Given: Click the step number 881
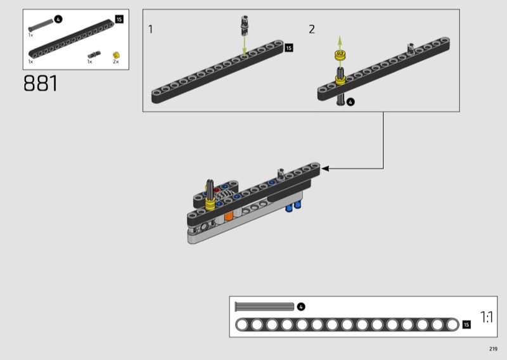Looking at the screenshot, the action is pyautogui.click(x=41, y=84).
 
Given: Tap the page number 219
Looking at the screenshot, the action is pyautogui.click(x=493, y=349).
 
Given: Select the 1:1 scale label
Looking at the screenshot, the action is pyautogui.click(x=486, y=317).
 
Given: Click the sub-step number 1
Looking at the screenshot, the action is pyautogui.click(x=150, y=29).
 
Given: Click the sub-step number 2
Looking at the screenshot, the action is pyautogui.click(x=312, y=29).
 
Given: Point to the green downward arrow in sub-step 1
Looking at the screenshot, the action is pyautogui.click(x=245, y=46).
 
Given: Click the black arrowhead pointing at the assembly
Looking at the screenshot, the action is pyautogui.click(x=325, y=169).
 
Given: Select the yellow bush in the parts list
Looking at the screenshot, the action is pyautogui.click(x=116, y=55).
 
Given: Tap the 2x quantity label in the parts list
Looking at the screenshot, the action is pyautogui.click(x=116, y=61).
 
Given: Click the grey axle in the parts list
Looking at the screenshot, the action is pyautogui.click(x=41, y=25).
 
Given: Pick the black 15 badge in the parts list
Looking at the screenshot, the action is pyautogui.click(x=119, y=20).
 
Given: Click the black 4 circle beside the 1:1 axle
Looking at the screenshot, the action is pyautogui.click(x=300, y=307).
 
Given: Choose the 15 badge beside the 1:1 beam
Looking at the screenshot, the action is pyautogui.click(x=466, y=325).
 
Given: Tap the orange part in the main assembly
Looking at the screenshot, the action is pyautogui.click(x=229, y=215).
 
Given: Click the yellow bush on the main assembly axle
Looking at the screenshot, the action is pyautogui.click(x=210, y=204).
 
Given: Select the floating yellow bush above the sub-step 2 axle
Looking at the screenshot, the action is pyautogui.click(x=339, y=55).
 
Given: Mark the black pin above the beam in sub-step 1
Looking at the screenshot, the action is pyautogui.click(x=245, y=25).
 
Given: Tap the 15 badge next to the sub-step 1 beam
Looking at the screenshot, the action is pyautogui.click(x=288, y=48).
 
